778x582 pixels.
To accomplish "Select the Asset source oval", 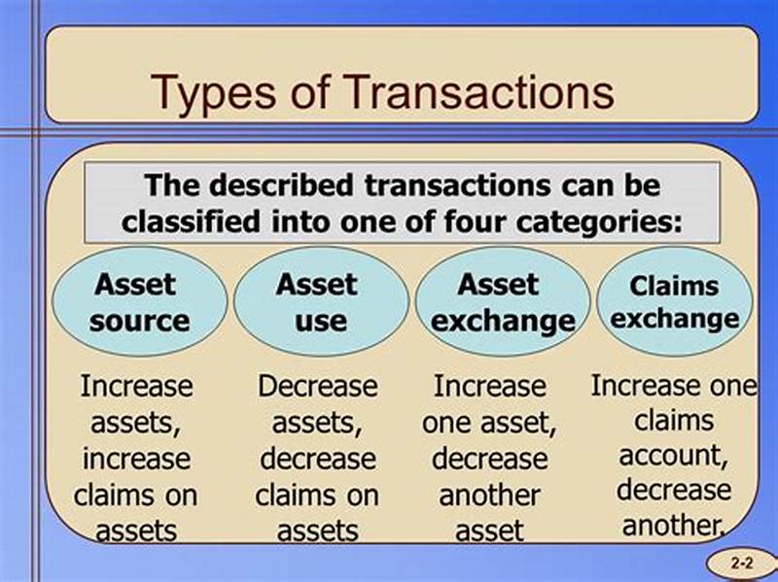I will tap(139, 301).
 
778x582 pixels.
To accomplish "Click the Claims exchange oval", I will tap(674, 301).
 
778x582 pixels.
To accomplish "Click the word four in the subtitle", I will tap(491, 220).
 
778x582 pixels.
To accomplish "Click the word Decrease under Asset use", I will tap(317, 386).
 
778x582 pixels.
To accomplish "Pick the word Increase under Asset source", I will tap(136, 386).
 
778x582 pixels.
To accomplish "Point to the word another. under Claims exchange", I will tap(674, 526).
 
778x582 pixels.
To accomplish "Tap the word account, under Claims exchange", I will tap(674, 456).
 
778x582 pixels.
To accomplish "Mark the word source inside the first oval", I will tap(139, 321).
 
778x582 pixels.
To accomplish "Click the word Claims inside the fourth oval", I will tap(674, 287).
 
